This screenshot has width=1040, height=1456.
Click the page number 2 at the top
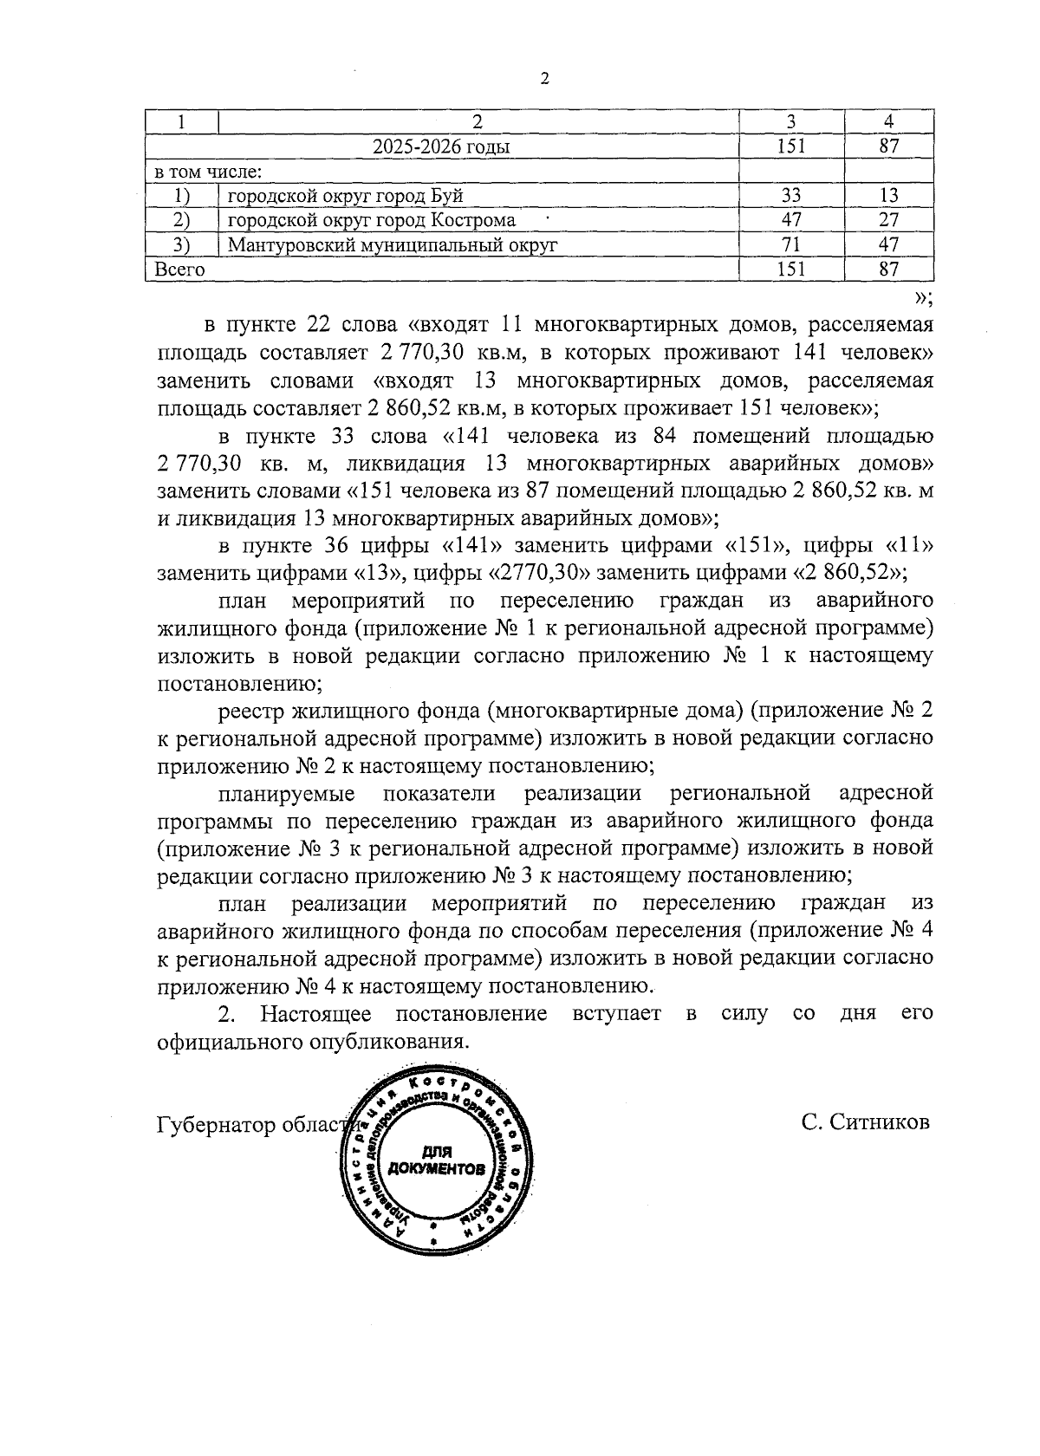(x=543, y=79)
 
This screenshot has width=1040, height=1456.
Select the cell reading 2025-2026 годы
(x=441, y=146)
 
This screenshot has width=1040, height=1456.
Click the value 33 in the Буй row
(x=790, y=196)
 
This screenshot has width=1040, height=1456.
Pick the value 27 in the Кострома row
(x=888, y=220)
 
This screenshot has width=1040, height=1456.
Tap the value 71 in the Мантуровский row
(x=790, y=244)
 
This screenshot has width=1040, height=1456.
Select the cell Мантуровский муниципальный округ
(x=392, y=245)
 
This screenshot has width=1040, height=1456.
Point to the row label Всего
(x=179, y=270)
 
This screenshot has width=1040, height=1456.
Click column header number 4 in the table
(x=888, y=122)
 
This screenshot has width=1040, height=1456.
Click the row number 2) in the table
(x=181, y=220)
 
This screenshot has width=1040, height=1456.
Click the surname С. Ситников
(x=865, y=1122)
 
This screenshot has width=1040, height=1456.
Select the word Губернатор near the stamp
(x=216, y=1124)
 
